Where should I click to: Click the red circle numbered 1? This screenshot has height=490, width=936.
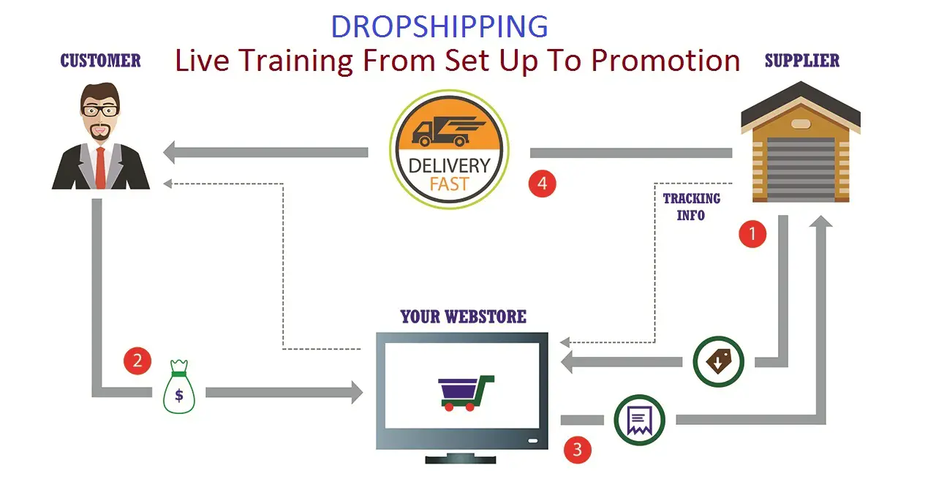tap(752, 234)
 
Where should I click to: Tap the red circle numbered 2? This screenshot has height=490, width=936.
tap(137, 361)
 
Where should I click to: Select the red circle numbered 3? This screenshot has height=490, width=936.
tap(578, 450)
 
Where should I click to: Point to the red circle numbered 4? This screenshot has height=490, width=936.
tap(542, 183)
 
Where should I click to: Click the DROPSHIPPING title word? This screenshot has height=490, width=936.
tap(439, 26)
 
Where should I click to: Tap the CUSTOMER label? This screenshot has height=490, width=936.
tap(101, 61)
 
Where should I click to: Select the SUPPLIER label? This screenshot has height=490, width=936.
tap(802, 61)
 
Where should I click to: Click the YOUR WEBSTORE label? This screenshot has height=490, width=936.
tap(463, 317)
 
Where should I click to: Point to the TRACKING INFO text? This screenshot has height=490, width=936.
tap(692, 206)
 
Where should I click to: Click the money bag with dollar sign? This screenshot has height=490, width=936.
tap(179, 387)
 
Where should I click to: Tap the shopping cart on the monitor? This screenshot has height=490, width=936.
tap(466, 393)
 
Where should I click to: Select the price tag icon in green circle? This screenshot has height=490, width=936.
tap(718, 361)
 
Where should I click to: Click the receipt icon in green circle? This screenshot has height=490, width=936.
tap(639, 420)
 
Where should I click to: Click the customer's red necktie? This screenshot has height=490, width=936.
tap(100, 167)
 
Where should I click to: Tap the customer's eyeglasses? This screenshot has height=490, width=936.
tap(100, 110)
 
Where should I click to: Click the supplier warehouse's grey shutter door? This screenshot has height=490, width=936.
tap(801, 170)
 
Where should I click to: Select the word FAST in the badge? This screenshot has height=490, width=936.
tap(449, 184)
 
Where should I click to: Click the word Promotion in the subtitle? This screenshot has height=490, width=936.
tap(665, 61)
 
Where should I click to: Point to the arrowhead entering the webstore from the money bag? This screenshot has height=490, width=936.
tap(357, 392)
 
